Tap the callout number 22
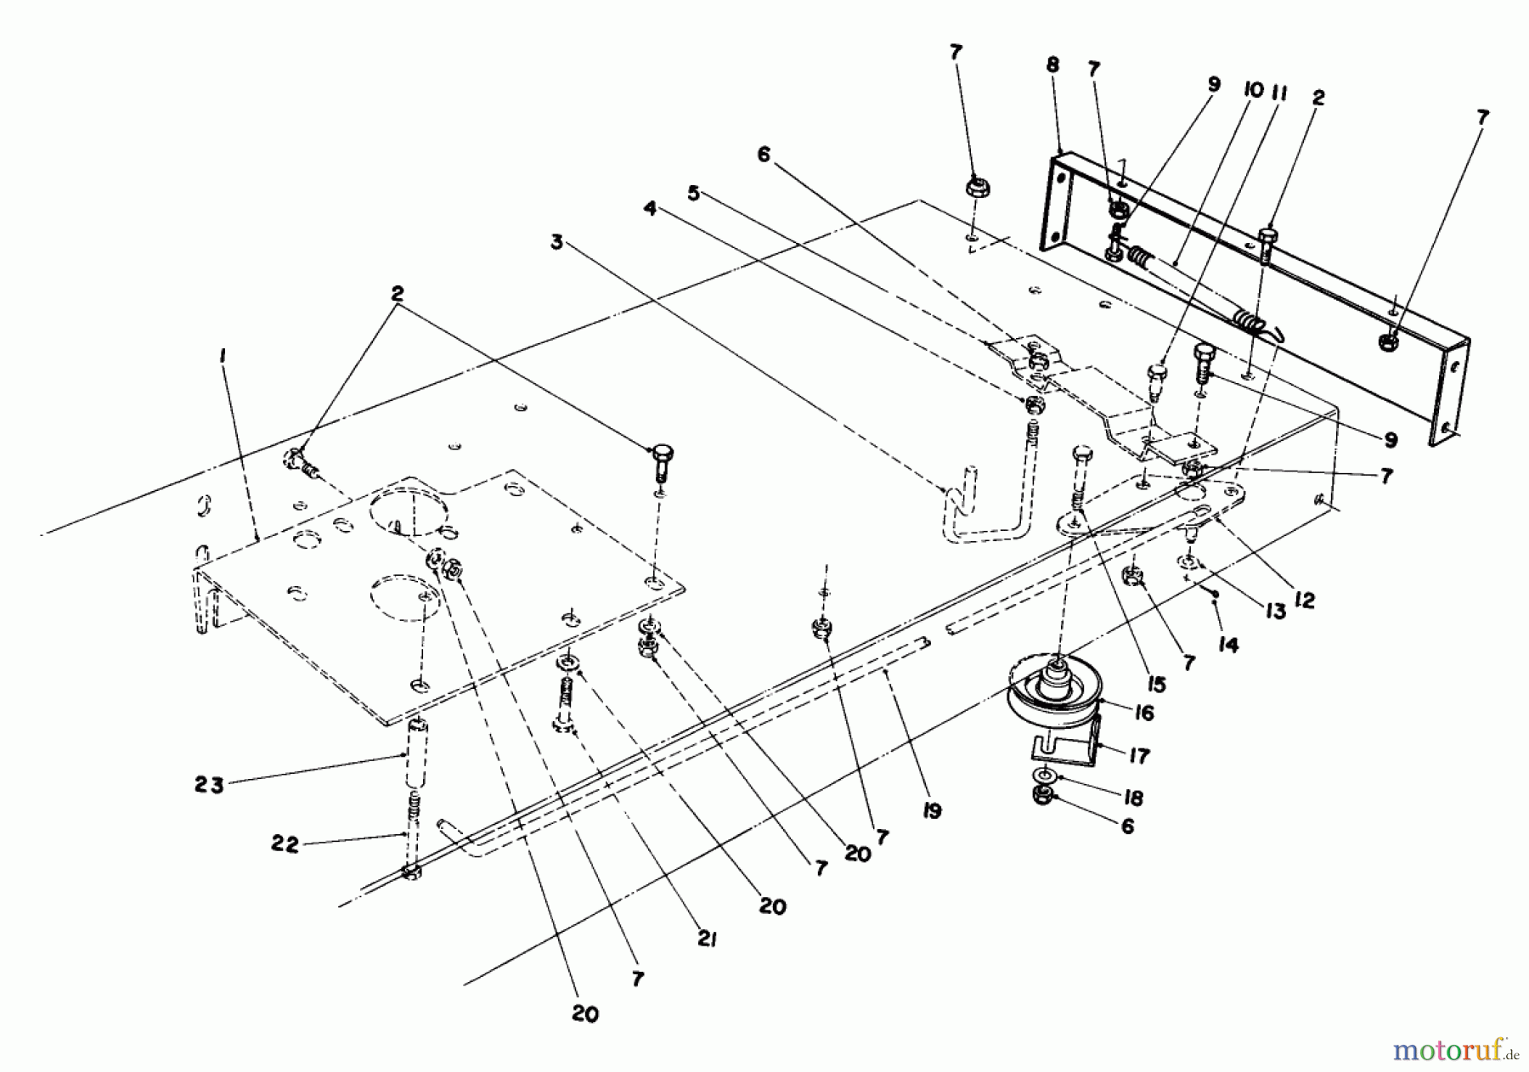(285, 846)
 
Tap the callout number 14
(1228, 646)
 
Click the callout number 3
(556, 242)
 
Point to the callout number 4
(651, 209)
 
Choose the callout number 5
(695, 194)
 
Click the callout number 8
(1053, 64)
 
